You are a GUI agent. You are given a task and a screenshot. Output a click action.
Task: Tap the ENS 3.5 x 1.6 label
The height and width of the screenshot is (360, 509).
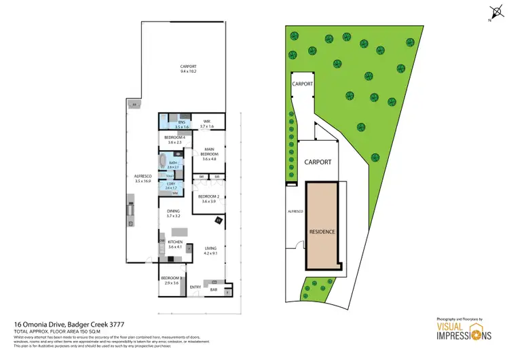point(181,124)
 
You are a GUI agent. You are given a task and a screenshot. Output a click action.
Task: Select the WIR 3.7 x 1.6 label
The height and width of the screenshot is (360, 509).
point(207,124)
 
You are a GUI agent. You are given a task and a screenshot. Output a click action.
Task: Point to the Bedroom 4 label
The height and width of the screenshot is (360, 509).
point(175,139)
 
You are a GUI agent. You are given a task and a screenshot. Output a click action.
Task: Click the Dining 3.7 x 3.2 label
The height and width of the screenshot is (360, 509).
point(174,213)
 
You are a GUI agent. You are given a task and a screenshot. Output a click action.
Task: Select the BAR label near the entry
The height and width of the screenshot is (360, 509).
point(213,290)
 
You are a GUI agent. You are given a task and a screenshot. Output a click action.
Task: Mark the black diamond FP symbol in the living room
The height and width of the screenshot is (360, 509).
point(219,220)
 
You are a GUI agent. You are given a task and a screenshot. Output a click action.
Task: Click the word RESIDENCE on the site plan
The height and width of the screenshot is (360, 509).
point(322,232)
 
